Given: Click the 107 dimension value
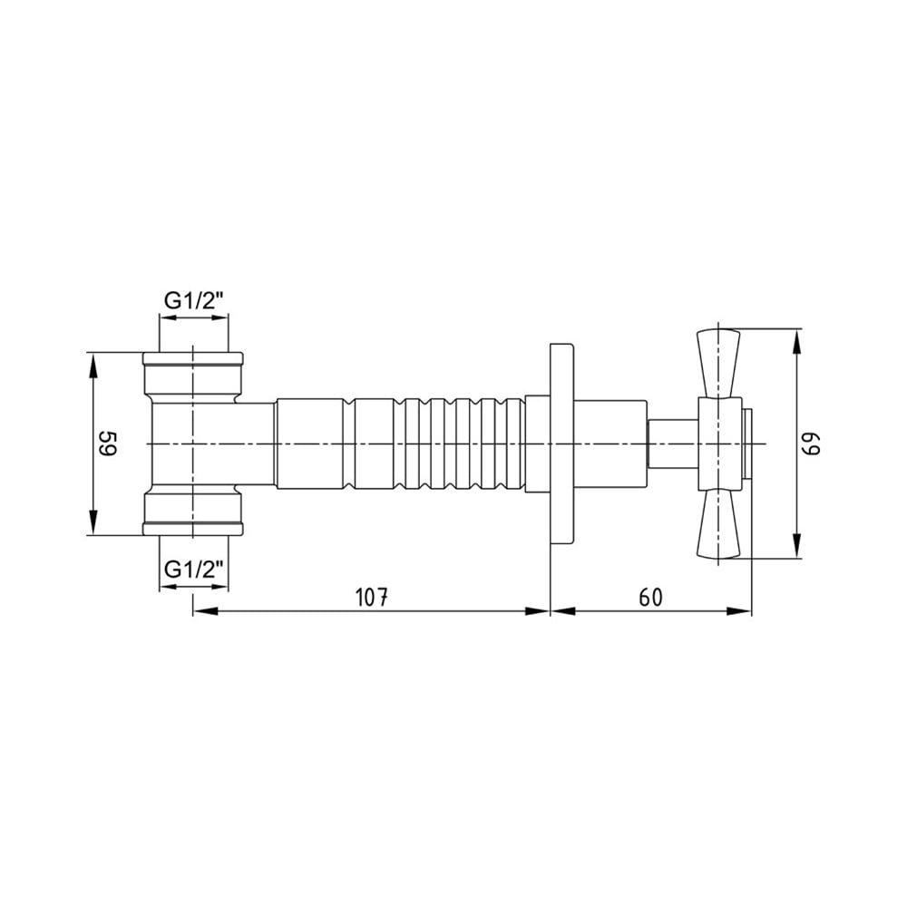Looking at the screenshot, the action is point(371,597).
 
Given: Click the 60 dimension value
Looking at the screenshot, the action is point(650,597).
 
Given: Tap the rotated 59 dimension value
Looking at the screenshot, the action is point(108,444).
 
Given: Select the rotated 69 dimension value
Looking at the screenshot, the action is point(811,444).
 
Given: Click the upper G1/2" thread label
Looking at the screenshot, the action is point(194,301).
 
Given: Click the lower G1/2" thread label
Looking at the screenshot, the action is point(194,570).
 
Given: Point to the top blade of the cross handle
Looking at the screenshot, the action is point(718,364).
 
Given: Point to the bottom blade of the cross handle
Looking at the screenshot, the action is point(718,524).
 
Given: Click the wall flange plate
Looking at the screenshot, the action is point(561,444).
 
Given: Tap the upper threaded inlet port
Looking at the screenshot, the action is point(193,377).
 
